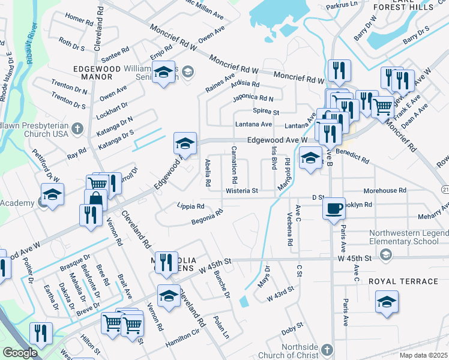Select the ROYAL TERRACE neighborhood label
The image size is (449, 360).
pyautogui.click(x=403, y=281)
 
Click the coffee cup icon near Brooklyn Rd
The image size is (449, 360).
pyautogui.click(x=334, y=208)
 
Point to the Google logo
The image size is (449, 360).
pyautogui.click(x=20, y=352)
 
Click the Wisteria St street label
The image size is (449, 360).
pyautogui.click(x=241, y=191)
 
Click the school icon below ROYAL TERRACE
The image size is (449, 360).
pyautogui.click(x=387, y=302)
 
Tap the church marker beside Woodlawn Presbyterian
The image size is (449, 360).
pyautogui.click(x=77, y=128)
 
